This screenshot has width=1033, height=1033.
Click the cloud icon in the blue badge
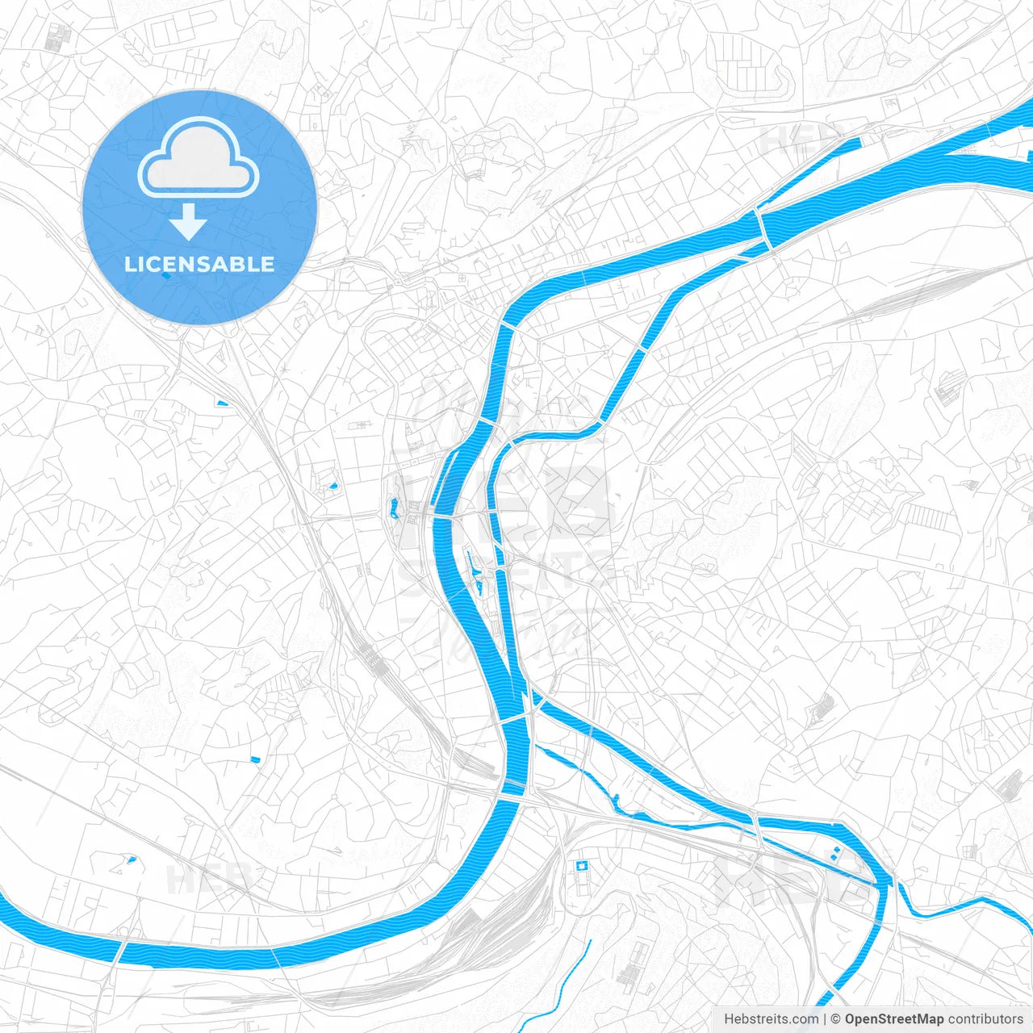pos(199,158)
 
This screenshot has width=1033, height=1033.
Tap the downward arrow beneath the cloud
pos(189,223)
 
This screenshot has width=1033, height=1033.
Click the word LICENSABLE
pos(199,264)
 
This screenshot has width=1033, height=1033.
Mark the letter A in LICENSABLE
pos(225,264)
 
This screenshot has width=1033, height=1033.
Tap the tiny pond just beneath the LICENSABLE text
pos(165,276)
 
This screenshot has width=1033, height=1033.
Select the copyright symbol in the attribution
pos(836,1019)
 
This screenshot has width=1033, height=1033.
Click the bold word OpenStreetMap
pos(894,1019)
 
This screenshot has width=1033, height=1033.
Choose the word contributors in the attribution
pos(985,1019)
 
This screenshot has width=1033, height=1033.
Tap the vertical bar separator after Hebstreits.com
pos(825,1019)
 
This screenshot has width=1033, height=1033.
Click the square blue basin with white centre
pos(579,866)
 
